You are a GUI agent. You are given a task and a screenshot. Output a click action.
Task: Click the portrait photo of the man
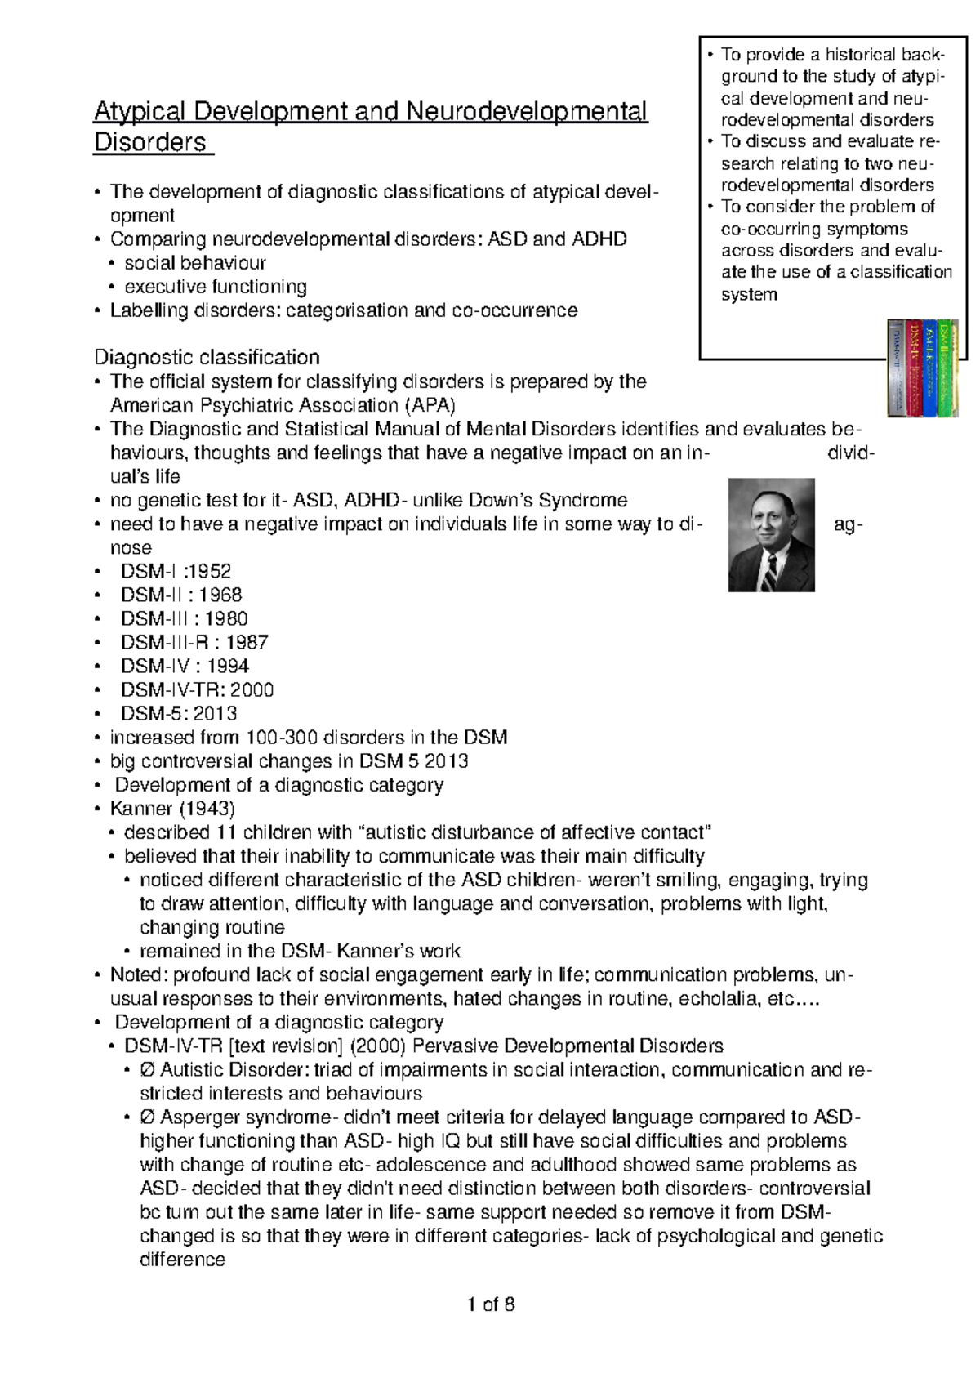coord(771,534)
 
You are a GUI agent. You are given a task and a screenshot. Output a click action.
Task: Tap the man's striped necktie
coord(770,573)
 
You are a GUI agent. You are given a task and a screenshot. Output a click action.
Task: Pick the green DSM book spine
coord(948,368)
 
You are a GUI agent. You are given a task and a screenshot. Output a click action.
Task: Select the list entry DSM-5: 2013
coord(179,713)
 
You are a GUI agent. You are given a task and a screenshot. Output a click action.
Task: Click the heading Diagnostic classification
coord(207,357)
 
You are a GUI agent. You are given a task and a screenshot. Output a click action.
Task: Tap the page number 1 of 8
coord(490,1304)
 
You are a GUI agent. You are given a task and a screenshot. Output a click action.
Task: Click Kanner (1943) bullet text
coord(172,809)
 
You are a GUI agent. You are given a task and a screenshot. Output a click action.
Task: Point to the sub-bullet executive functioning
coord(216,287)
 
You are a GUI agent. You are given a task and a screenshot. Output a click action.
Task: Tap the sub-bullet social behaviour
coord(195,263)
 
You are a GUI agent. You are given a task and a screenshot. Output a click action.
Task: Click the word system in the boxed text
coord(749,294)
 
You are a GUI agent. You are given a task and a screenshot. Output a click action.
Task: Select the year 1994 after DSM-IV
coord(228,666)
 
